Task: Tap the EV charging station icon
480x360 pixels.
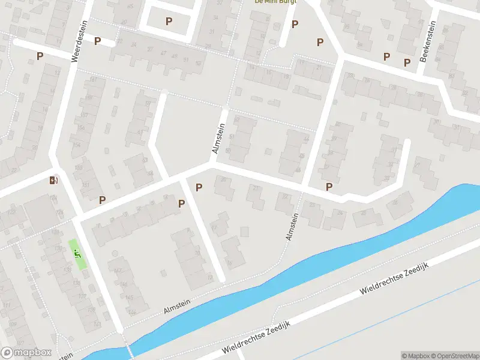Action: pos(53,180)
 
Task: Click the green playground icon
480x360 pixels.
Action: pos(77,254)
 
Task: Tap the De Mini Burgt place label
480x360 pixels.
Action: pos(275,2)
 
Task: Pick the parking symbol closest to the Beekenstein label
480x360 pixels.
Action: pos(407,62)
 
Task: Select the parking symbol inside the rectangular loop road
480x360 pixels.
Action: pos(169,22)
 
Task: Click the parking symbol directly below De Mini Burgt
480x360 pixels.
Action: pos(295,24)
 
